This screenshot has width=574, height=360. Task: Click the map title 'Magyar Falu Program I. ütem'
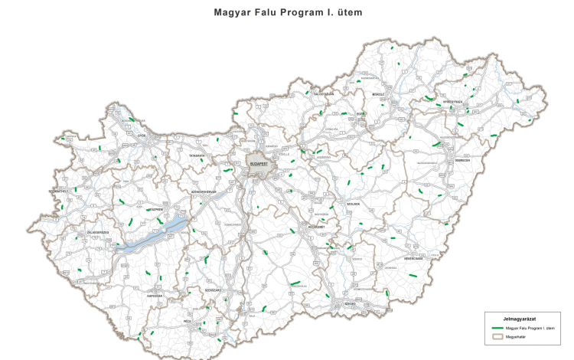pyautogui.click(x=287, y=13)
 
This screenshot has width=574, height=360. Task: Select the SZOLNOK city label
pyautogui.click(x=354, y=204)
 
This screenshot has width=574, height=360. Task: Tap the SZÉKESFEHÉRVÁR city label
pyautogui.click(x=204, y=191)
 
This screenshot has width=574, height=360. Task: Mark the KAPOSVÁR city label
pyautogui.click(x=155, y=295)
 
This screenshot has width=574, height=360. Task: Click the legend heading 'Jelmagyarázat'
pyautogui.click(x=518, y=319)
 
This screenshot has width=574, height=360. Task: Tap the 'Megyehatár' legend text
pyautogui.click(x=528, y=335)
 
